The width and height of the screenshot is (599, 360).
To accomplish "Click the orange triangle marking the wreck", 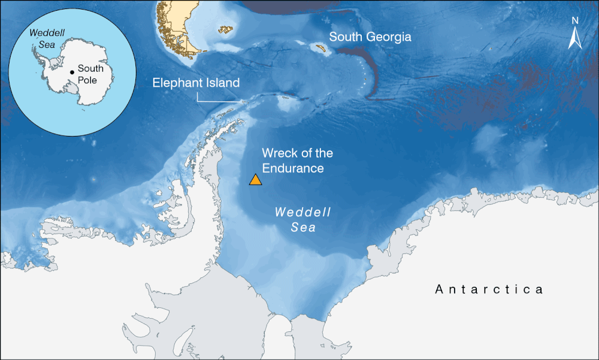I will [255, 180].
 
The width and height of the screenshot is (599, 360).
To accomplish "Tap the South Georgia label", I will [370, 37].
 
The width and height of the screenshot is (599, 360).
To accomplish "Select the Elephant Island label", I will [196, 83].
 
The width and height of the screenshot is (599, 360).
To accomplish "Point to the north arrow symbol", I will [574, 39].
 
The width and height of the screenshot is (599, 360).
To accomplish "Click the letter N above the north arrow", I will [574, 20].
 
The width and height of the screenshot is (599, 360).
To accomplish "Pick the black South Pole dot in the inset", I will [72, 72].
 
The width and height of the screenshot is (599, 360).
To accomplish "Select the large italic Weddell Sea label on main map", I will [303, 220].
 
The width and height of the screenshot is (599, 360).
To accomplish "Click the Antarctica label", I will [489, 290].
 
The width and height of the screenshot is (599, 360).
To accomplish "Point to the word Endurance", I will [293, 168].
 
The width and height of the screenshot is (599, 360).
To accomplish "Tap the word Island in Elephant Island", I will [222, 83].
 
